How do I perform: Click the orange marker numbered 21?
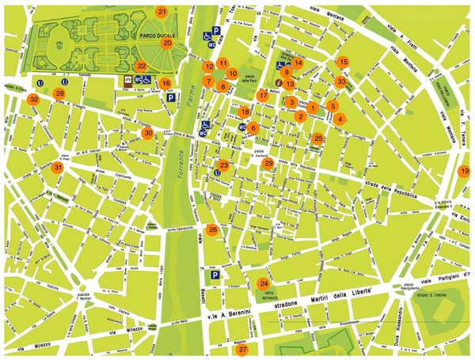pyautogui.click(x=161, y=12)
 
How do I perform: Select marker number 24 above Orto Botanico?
pyautogui.click(x=264, y=283)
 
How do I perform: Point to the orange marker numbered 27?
pyautogui.click(x=243, y=349)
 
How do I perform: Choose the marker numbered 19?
pyautogui.click(x=465, y=171)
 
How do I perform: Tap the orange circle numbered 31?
pyautogui.click(x=57, y=168)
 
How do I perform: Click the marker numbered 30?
pyautogui.click(x=148, y=133)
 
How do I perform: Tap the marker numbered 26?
pyautogui.click(x=212, y=229)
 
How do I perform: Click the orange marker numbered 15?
pyautogui.click(x=343, y=61)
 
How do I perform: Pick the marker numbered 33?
pyautogui.click(x=340, y=81)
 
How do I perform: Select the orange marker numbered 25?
pyautogui.click(x=318, y=138)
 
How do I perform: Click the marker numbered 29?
pyautogui.click(x=268, y=163)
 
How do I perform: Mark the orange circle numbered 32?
pyautogui.click(x=33, y=100)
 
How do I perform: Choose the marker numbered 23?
pyautogui.click(x=224, y=165)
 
